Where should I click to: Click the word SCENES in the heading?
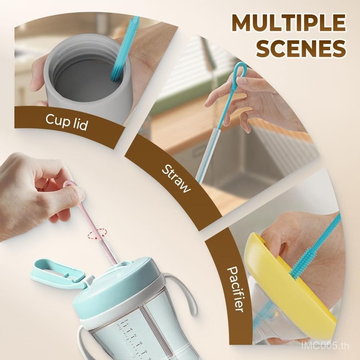pos(301,49)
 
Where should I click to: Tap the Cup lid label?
pos(67,122)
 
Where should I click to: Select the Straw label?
pos(176,179)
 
